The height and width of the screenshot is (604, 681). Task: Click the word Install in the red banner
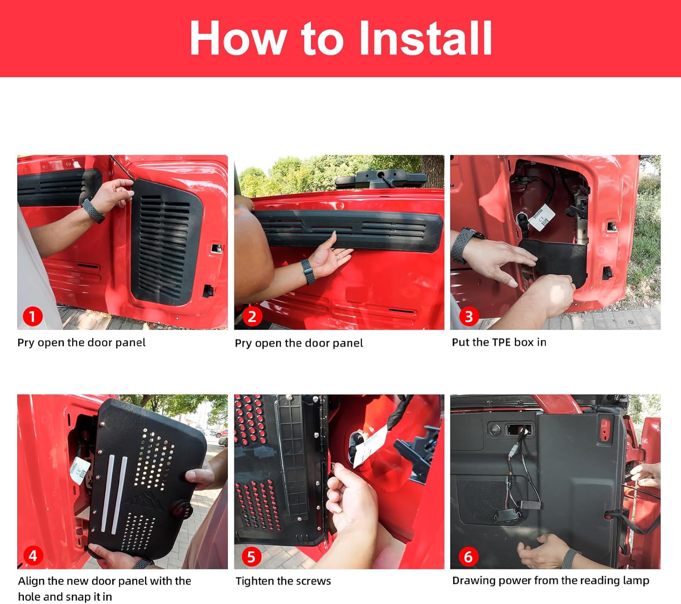tap(425, 38)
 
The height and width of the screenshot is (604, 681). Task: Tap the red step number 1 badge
tap(32, 317)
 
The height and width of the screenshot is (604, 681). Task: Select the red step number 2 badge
tap(252, 317)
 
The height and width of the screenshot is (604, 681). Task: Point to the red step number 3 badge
tap(469, 317)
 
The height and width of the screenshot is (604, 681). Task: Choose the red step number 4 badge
tap(33, 556)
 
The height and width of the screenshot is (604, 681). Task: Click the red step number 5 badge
tap(252, 557)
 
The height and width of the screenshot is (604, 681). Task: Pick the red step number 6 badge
tap(469, 557)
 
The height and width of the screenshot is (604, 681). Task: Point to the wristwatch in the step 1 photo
tap(93, 211)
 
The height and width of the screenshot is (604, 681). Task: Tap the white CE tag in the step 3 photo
tap(541, 218)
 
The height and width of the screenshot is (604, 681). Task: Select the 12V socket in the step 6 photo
tap(494, 430)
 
